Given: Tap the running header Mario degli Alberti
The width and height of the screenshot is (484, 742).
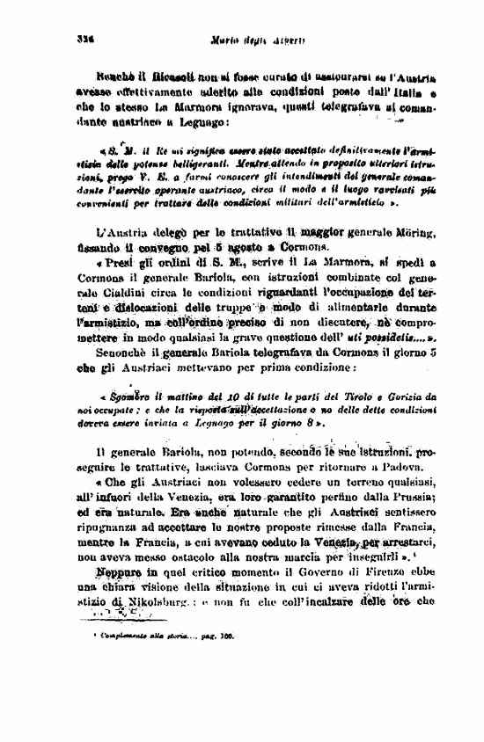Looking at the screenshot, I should (243, 39).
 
